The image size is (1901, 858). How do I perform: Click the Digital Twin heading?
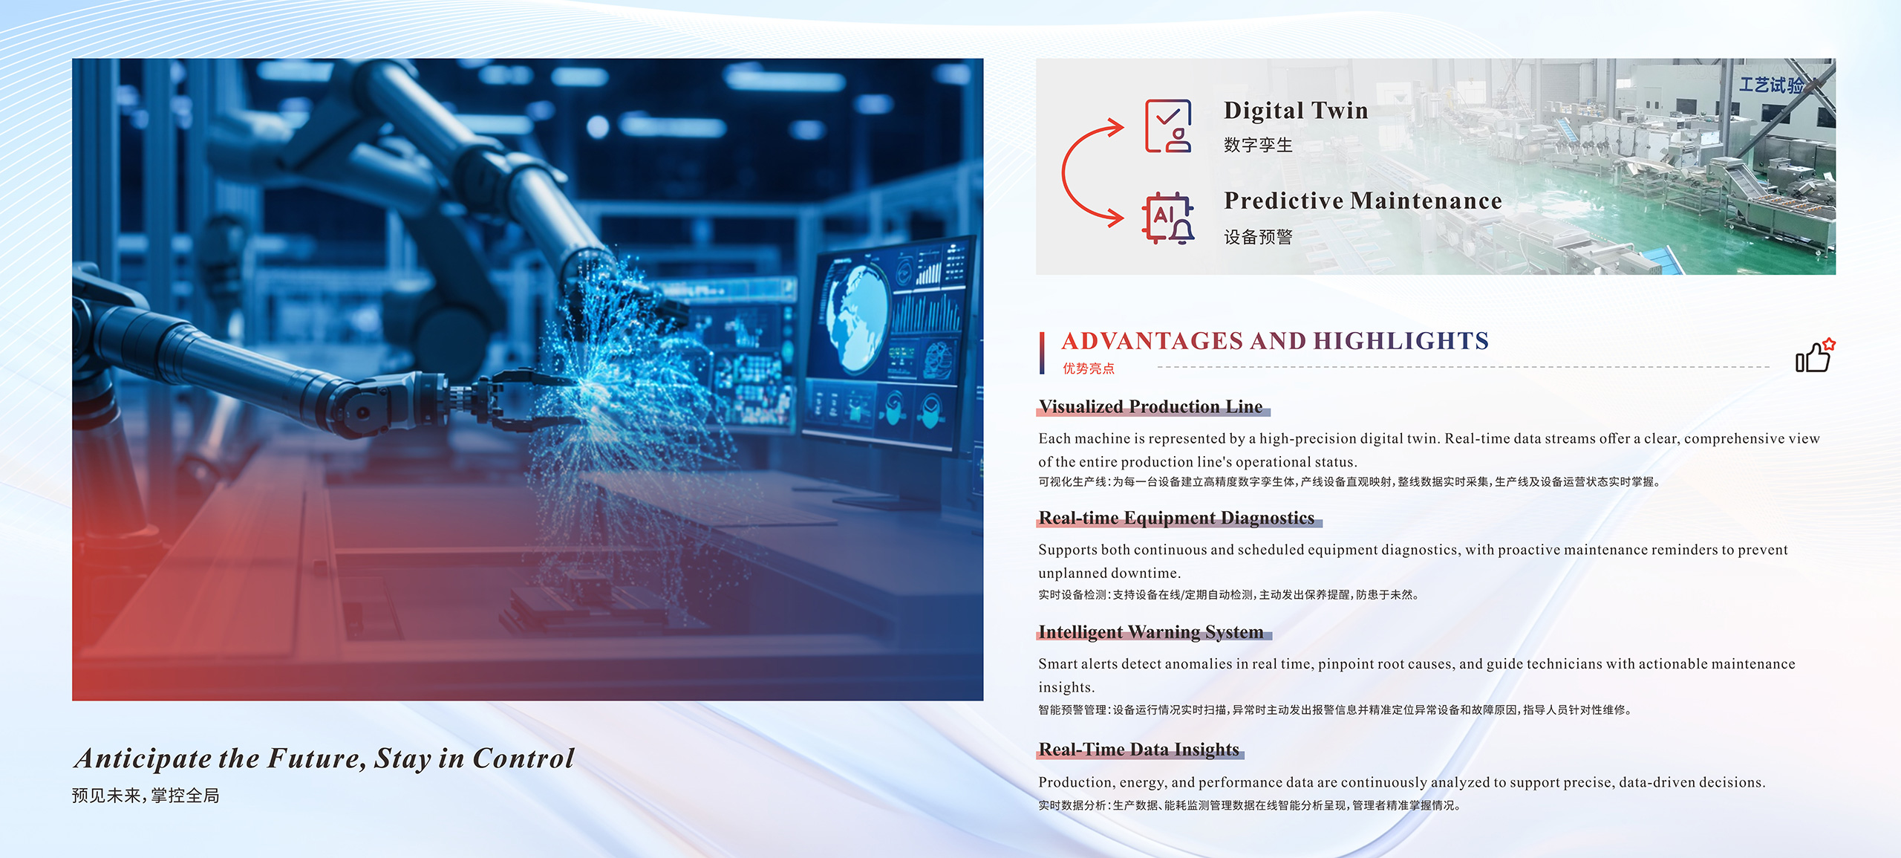tap(1296, 111)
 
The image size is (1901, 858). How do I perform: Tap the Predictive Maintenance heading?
tap(1363, 201)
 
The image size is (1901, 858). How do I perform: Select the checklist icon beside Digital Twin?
tap(1168, 126)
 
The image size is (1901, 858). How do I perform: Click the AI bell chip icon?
tap(1168, 218)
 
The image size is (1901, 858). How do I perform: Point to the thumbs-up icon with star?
tap(1814, 356)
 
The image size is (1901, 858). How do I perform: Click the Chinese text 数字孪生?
tap(1258, 145)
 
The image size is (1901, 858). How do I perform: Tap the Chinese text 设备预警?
tap(1258, 237)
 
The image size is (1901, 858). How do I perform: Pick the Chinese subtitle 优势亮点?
tap(1088, 368)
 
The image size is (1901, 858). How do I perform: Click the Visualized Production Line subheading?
tap(1150, 406)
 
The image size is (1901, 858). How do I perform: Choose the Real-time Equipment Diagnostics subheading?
tap(1176, 518)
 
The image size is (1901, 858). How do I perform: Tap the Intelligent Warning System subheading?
tap(1150, 631)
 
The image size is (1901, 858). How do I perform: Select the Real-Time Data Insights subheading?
tap(1138, 749)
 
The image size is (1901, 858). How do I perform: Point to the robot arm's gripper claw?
tap(520, 402)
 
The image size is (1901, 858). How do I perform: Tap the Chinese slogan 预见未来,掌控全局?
tap(146, 796)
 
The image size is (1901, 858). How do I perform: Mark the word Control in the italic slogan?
tap(524, 758)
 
